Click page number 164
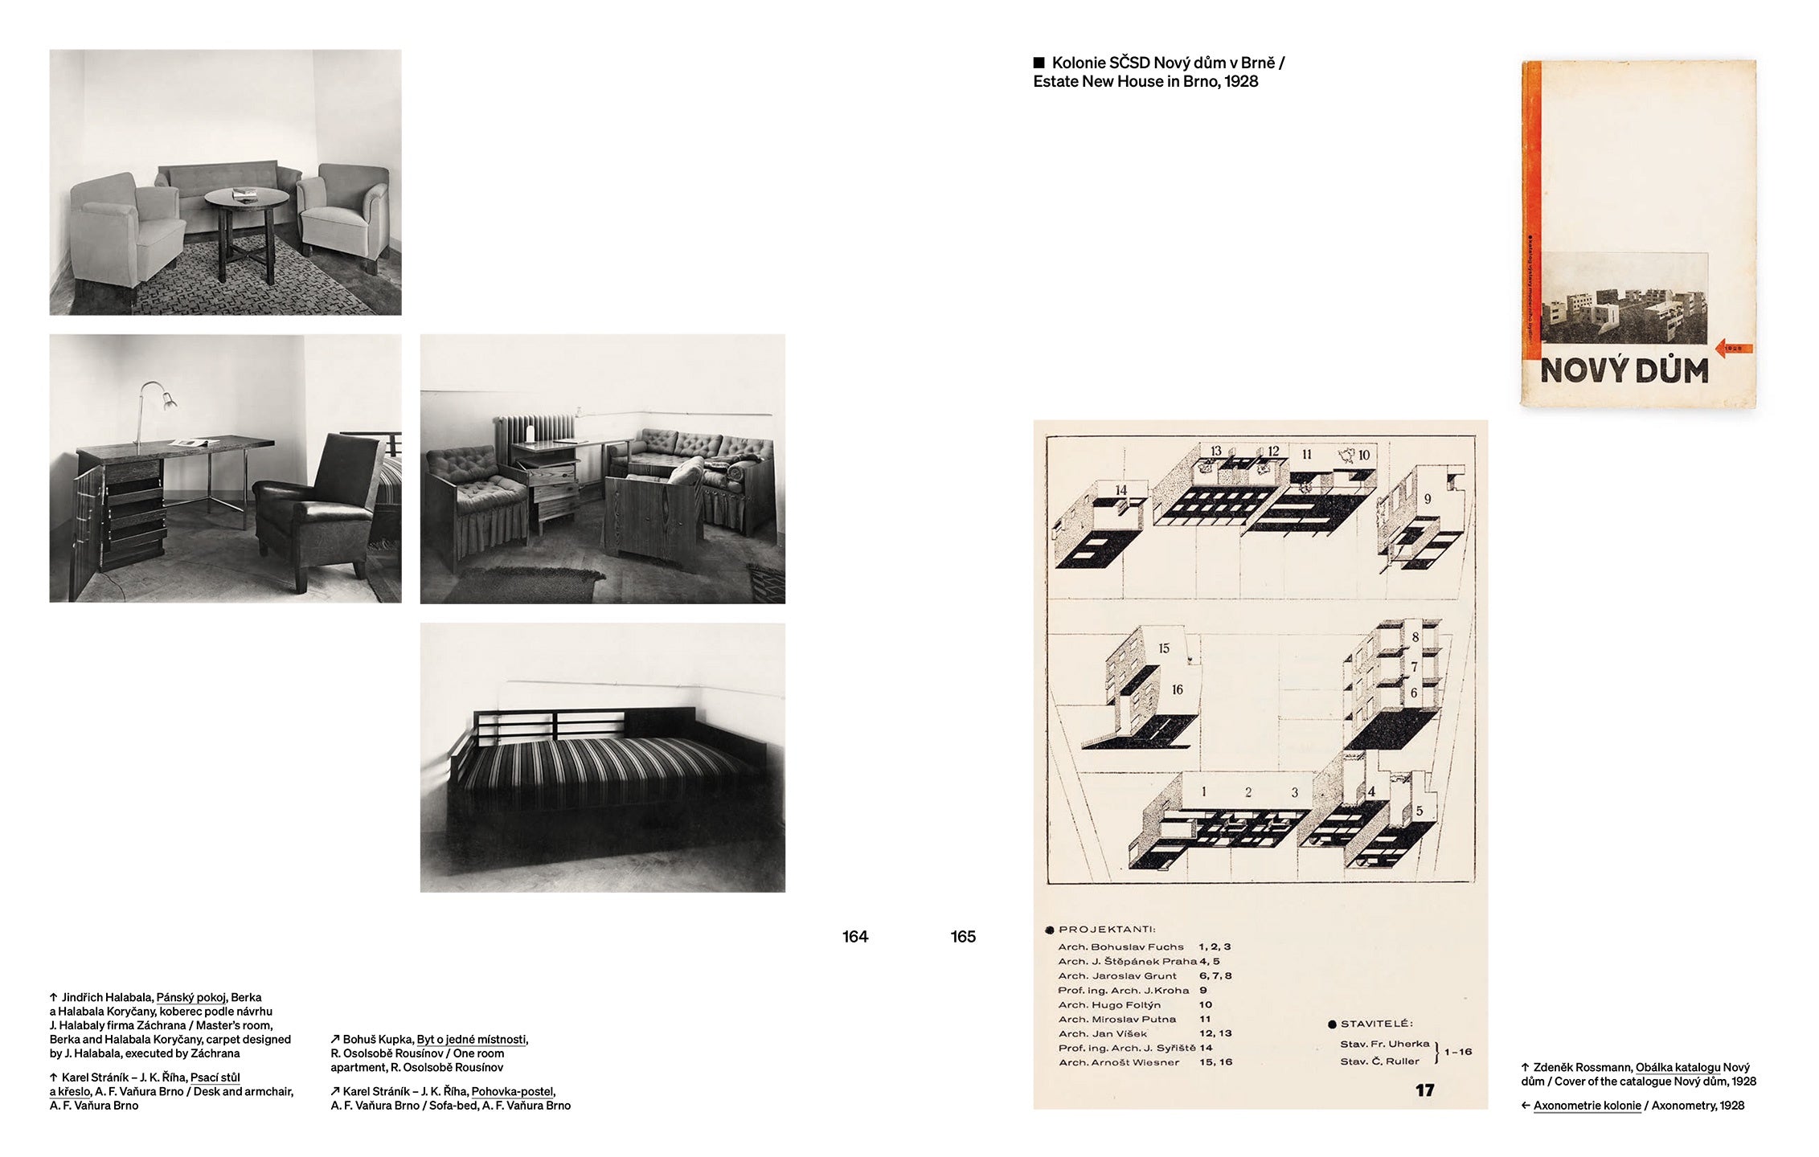point(854,937)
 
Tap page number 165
point(962,937)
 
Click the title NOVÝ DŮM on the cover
point(1621,371)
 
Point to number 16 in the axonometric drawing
point(1177,689)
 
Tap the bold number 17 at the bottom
point(1424,1090)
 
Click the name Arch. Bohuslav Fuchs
point(1121,946)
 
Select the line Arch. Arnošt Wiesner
point(1119,1062)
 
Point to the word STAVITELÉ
point(1376,1024)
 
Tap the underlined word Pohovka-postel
point(512,1091)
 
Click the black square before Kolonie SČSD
point(1039,63)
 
